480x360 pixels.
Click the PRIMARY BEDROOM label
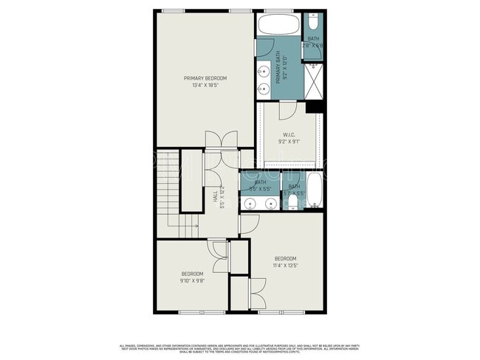205,78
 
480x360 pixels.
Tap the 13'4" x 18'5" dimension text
205,86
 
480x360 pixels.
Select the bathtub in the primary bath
278,24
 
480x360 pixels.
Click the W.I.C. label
289,134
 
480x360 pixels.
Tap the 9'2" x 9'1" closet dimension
289,142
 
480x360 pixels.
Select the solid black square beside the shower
315,107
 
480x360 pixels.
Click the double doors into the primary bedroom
220,139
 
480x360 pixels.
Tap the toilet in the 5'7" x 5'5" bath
293,201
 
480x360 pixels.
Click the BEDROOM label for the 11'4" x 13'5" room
286,258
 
